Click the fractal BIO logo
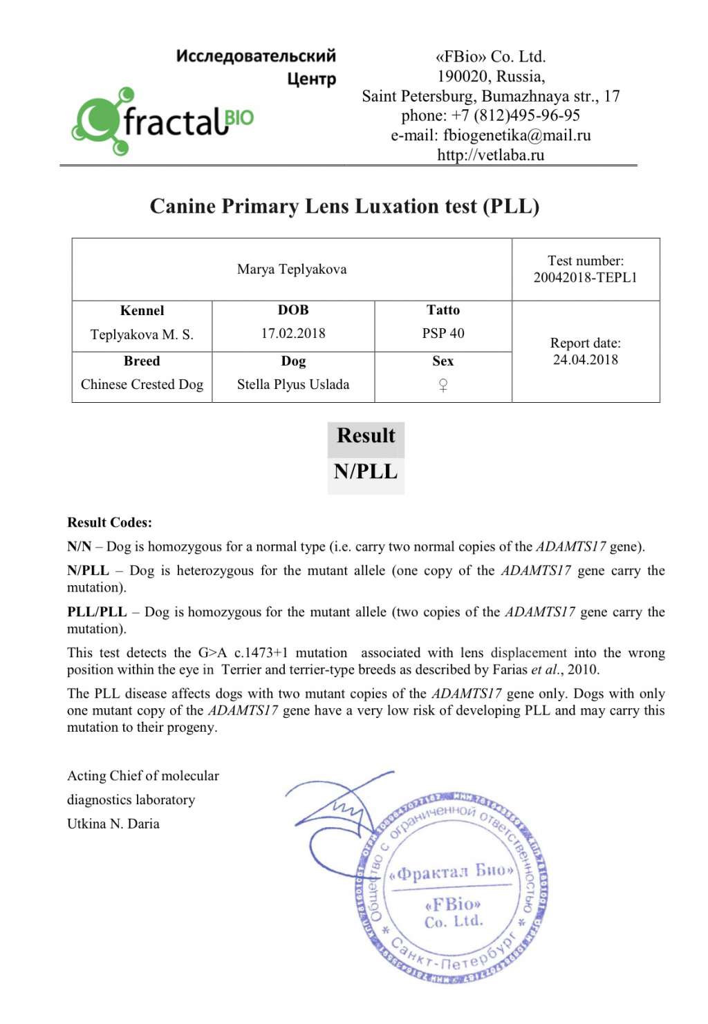[163, 122]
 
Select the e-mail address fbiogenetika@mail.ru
[516, 135]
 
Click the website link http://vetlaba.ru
[490, 155]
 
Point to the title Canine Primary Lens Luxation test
[344, 207]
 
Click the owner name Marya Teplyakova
[292, 269]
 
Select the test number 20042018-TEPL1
[585, 278]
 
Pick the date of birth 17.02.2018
[293, 334]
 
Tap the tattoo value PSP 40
[443, 334]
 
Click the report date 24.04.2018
[585, 360]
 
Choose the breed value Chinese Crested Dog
[142, 385]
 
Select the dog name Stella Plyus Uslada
[293, 385]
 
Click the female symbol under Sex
[443, 386]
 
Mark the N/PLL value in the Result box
[366, 472]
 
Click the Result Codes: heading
[109, 523]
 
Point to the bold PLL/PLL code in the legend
[97, 612]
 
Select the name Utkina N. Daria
[113, 824]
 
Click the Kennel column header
[142, 311]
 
